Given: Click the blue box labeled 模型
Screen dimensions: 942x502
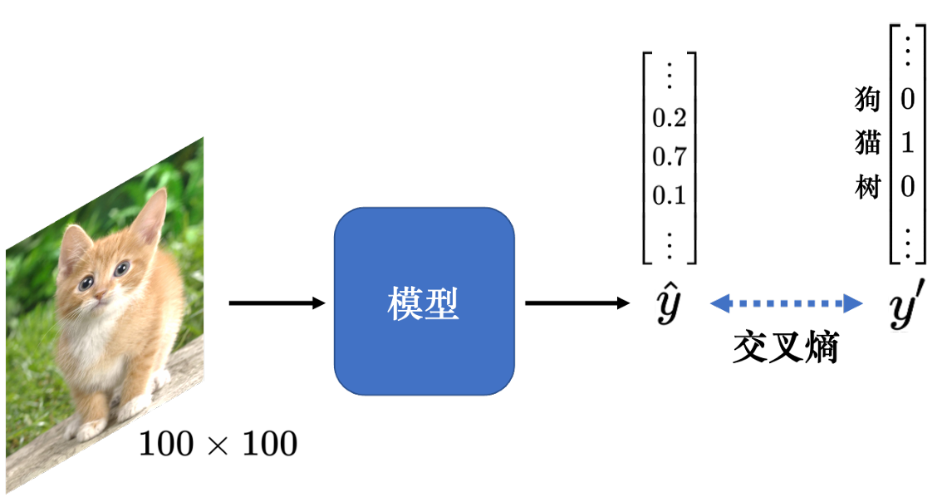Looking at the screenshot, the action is (x=424, y=301).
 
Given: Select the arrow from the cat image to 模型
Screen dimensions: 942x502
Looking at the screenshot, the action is (x=277, y=303).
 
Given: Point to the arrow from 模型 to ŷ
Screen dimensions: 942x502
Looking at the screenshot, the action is (x=577, y=303).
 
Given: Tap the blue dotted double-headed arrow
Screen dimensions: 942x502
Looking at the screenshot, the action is (x=787, y=303).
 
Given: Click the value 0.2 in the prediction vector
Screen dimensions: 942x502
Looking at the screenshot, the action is (x=670, y=118).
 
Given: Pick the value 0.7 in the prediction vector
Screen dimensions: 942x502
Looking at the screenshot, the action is (x=670, y=157).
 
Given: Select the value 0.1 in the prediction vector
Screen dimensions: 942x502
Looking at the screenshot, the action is (x=670, y=195).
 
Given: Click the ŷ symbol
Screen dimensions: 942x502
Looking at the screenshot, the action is (x=668, y=303).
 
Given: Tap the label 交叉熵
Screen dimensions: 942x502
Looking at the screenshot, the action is (x=785, y=347).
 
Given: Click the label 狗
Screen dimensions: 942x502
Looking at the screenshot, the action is (x=867, y=99).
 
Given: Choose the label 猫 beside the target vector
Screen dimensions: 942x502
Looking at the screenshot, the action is (x=867, y=143).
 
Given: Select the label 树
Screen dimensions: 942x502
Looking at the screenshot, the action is (x=867, y=187).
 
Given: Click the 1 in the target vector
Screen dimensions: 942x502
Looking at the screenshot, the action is (x=907, y=143).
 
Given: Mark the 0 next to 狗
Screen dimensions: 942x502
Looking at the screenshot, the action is (x=907, y=99).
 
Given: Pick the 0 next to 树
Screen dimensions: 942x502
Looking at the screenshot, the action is (x=907, y=187).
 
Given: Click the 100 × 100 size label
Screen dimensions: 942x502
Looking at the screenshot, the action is (x=218, y=445).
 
